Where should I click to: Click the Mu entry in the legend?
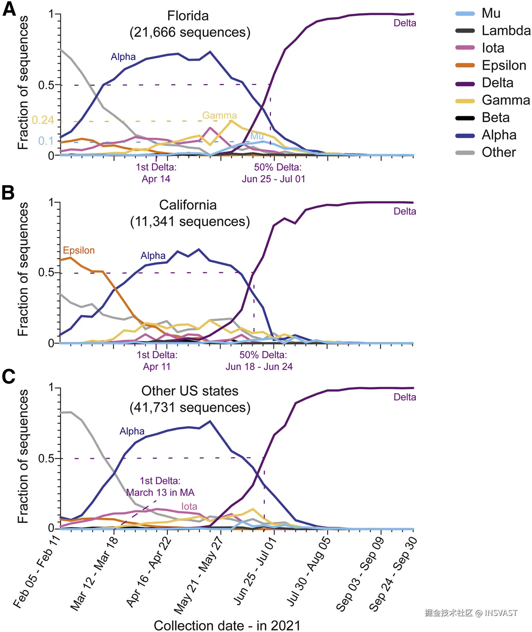click(x=490, y=14)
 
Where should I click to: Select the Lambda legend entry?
click(x=506, y=31)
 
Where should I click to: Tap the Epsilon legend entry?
click(x=504, y=65)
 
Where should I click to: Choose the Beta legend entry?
click(x=495, y=118)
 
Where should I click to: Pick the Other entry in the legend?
click(x=499, y=153)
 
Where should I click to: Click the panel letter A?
click(x=9, y=9)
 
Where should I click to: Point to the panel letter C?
click(x=8, y=377)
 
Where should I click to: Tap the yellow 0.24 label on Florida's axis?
click(x=43, y=120)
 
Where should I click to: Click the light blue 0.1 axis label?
click(x=46, y=141)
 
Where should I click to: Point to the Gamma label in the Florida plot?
click(x=219, y=115)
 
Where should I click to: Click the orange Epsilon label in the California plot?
click(x=79, y=250)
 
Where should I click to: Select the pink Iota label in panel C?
click(x=189, y=507)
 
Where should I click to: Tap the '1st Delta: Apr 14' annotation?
click(x=156, y=173)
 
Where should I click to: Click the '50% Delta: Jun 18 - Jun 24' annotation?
click(x=259, y=361)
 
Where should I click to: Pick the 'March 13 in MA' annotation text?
click(x=160, y=493)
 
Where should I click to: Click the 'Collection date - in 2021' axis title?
click(x=227, y=626)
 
